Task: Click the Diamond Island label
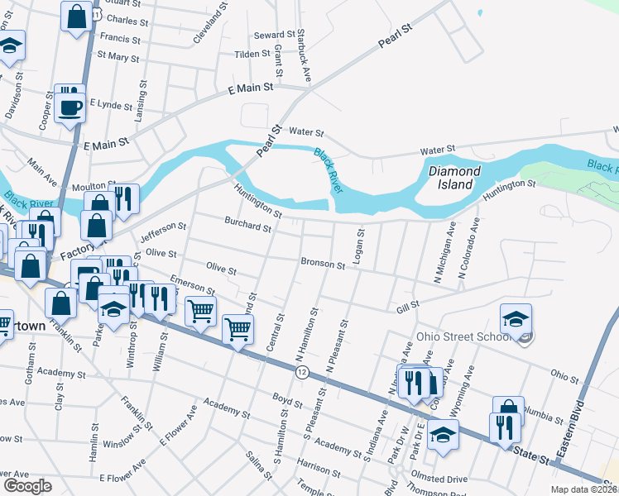click(454, 178)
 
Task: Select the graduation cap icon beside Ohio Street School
click(516, 320)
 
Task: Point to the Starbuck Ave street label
click(304, 55)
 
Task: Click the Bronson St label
click(323, 265)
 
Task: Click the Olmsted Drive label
click(441, 479)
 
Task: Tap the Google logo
click(27, 485)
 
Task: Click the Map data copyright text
click(583, 489)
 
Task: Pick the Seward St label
click(275, 35)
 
